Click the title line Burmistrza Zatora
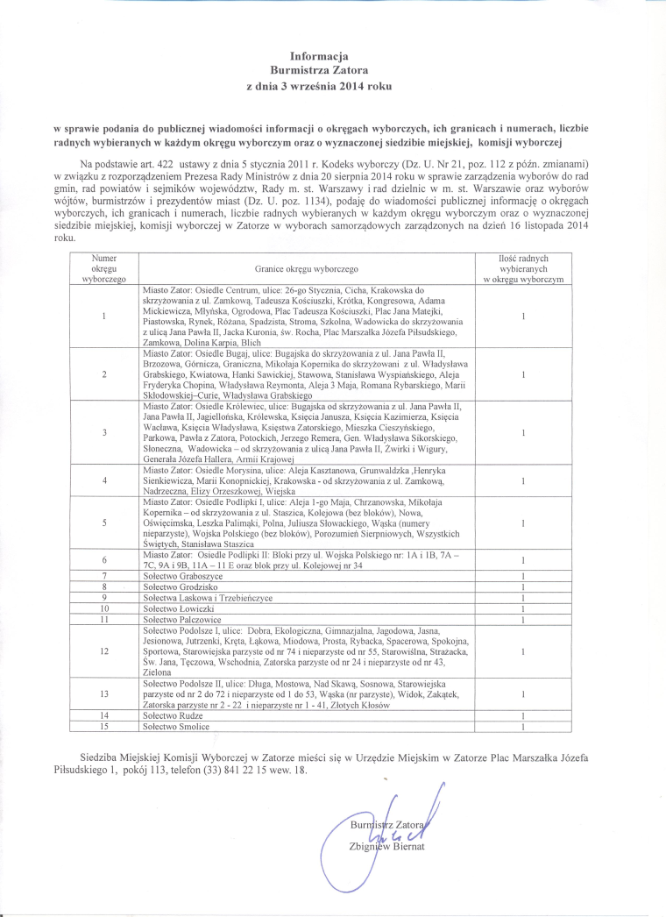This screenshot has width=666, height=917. (x=320, y=70)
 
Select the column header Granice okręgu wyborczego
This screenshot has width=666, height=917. (x=306, y=268)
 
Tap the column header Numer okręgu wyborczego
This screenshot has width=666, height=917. (x=104, y=268)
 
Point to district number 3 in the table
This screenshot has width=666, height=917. (x=104, y=433)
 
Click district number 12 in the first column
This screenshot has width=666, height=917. (x=104, y=652)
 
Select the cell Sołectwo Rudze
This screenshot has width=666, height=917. (x=174, y=716)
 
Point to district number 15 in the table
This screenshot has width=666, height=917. (x=104, y=727)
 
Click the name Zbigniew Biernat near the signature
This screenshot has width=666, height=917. (x=386, y=846)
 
